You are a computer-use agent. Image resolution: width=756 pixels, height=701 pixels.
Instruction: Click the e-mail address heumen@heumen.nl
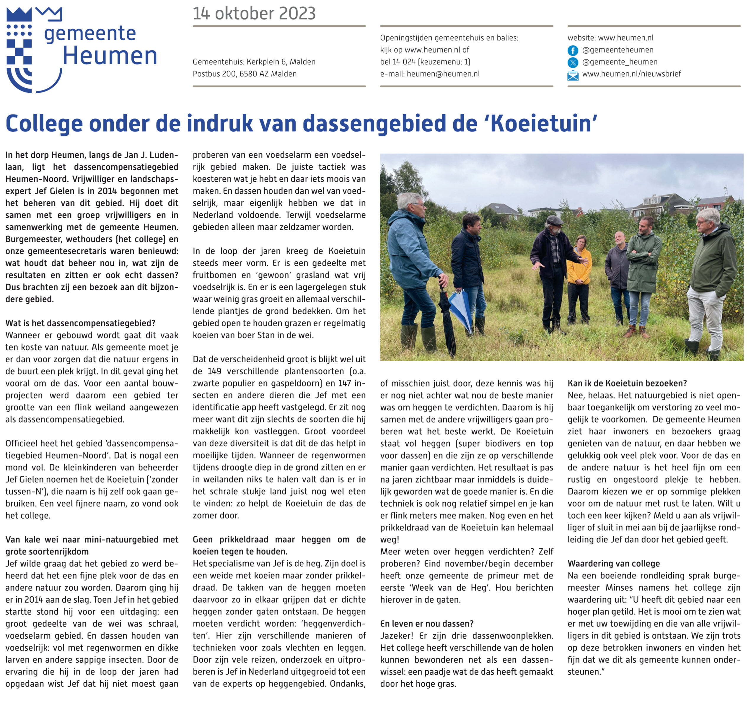(x=443, y=74)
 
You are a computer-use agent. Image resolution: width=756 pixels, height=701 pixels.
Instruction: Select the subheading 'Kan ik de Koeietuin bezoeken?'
(x=627, y=383)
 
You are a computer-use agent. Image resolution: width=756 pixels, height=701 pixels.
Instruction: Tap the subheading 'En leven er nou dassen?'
(x=427, y=624)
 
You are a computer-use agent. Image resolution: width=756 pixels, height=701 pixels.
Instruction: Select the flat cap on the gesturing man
(x=554, y=220)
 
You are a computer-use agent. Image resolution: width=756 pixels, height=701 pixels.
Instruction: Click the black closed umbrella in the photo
(x=448, y=326)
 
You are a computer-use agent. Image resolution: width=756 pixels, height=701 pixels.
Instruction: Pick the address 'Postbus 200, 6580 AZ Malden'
(x=244, y=74)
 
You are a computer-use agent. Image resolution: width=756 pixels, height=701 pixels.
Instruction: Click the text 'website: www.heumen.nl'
(x=610, y=38)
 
